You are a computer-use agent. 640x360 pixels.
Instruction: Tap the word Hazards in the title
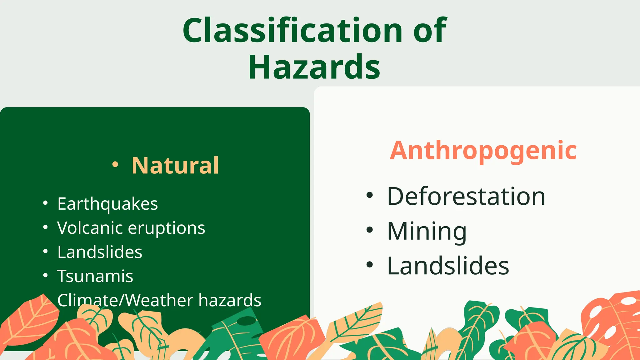[314, 67]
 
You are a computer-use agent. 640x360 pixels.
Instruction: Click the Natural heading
[175, 165]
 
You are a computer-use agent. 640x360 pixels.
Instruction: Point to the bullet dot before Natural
[115, 164]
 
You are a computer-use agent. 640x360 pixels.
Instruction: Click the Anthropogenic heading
[483, 151]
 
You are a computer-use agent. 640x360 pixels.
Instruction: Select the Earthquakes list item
[107, 204]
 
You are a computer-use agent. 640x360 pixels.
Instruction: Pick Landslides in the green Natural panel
[100, 252]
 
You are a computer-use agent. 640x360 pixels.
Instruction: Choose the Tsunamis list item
[95, 276]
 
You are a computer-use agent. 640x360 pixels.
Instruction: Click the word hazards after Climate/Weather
[230, 300]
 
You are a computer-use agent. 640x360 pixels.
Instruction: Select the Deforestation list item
[466, 196]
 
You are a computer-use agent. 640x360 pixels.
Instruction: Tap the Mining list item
[427, 231]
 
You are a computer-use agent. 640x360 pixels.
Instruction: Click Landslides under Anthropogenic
[448, 266]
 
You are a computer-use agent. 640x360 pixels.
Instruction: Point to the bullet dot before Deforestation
[370, 195]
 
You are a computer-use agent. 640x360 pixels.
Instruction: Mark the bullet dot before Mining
[370, 230]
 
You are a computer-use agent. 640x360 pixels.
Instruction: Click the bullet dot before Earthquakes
[46, 203]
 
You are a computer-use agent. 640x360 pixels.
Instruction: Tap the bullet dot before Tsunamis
[46, 275]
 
